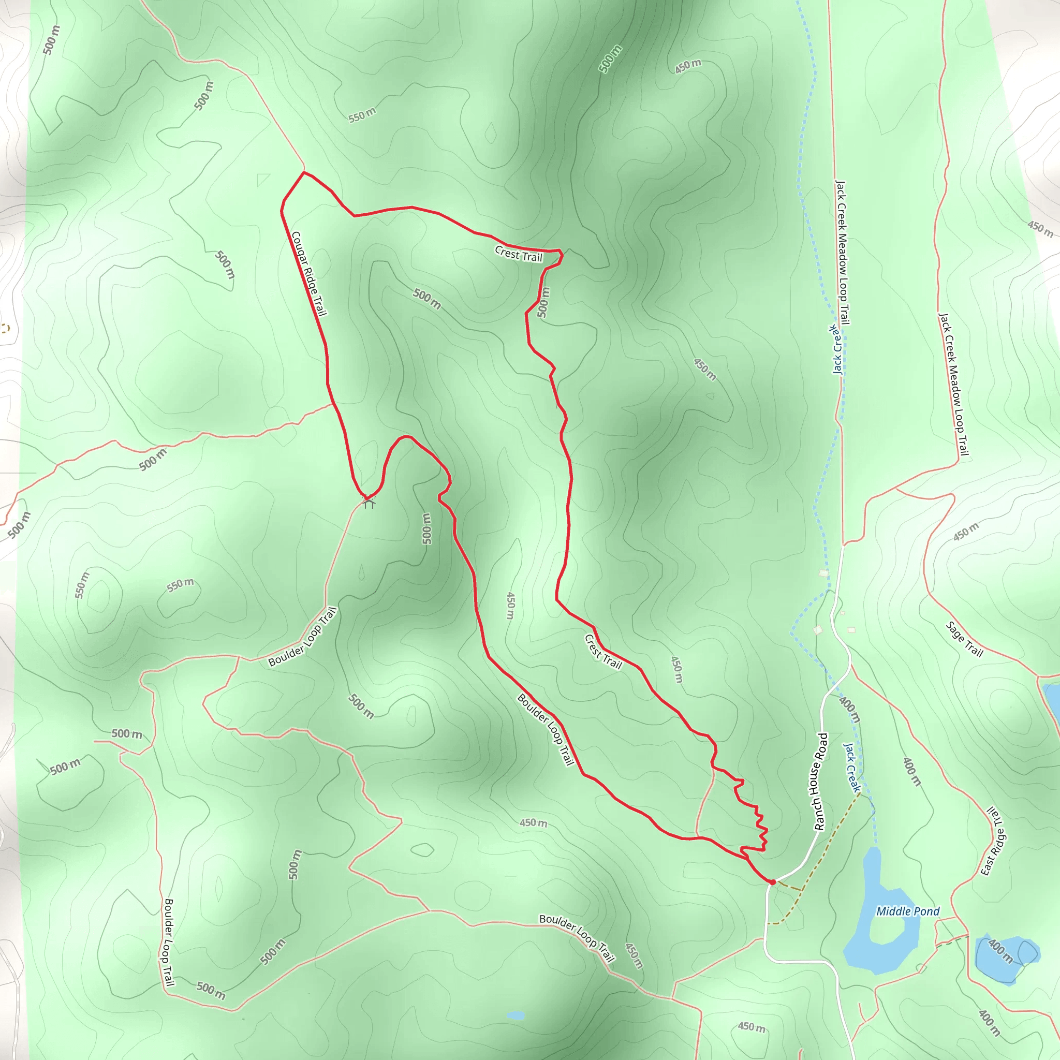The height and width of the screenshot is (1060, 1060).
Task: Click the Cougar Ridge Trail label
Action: tap(309, 273)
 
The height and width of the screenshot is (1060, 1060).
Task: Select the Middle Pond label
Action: tap(907, 911)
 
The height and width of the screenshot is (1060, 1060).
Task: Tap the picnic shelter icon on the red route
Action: tap(369, 502)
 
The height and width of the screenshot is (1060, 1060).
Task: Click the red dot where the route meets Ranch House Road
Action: tap(772, 882)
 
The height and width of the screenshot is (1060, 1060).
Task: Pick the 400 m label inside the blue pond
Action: tap(1000, 951)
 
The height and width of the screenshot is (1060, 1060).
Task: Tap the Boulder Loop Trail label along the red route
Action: tap(546, 729)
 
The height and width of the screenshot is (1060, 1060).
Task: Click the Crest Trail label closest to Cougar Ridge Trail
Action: tap(518, 254)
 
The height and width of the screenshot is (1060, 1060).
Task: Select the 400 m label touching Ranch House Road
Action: tap(849, 710)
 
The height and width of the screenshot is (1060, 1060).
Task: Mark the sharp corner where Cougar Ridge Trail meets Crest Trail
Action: tap(303, 172)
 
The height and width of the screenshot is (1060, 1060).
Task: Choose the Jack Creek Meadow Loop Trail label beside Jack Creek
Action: tap(842, 252)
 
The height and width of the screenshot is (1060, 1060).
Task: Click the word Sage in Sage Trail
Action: tap(955, 631)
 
